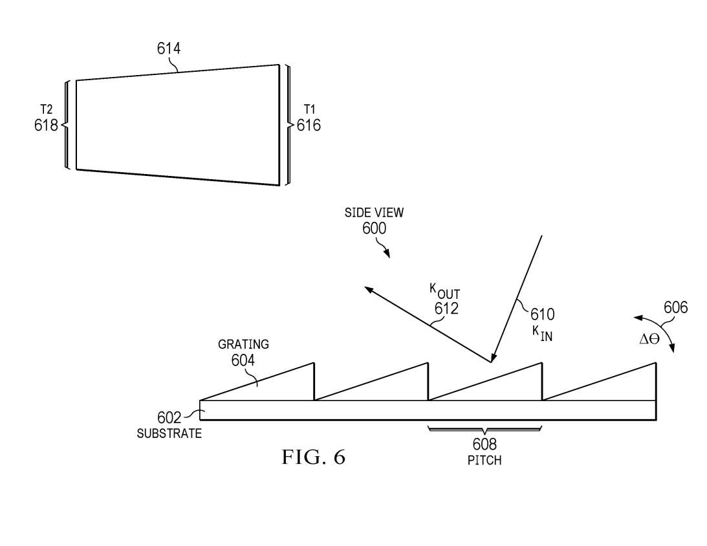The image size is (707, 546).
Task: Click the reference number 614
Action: click(x=169, y=49)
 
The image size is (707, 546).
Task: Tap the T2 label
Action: click(x=47, y=109)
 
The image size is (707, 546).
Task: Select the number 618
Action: click(x=46, y=125)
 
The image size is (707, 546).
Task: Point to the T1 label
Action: click(x=309, y=109)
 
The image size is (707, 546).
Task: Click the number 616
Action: click(x=309, y=125)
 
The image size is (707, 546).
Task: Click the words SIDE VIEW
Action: click(x=375, y=212)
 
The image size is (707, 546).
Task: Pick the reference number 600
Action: click(x=375, y=228)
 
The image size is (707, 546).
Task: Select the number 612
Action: click(x=446, y=309)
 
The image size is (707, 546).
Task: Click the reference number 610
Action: click(x=543, y=314)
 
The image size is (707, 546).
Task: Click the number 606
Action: click(x=676, y=307)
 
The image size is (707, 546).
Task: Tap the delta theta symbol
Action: click(x=649, y=339)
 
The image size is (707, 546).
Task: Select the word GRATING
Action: click(x=243, y=344)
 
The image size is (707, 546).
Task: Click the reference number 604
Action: click(x=243, y=360)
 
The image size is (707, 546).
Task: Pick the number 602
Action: click(x=169, y=417)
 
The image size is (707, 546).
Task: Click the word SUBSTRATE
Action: click(x=169, y=433)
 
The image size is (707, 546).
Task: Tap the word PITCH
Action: click(x=484, y=461)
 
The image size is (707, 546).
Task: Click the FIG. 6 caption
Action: click(x=314, y=457)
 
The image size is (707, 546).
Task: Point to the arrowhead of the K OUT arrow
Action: click(x=365, y=287)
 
